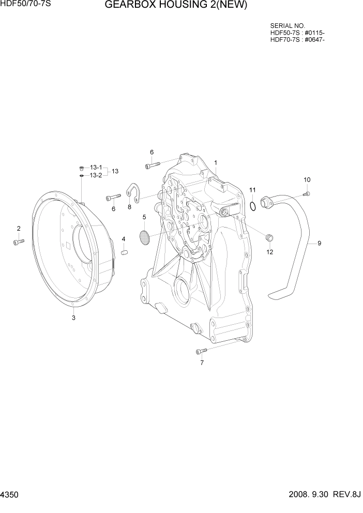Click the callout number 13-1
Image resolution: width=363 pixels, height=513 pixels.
[96, 168]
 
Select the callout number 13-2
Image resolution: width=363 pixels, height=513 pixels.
[96, 175]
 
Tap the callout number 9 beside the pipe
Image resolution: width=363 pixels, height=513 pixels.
[319, 243]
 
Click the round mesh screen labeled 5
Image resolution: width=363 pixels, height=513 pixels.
[145, 237]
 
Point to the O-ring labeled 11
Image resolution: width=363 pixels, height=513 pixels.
[252, 206]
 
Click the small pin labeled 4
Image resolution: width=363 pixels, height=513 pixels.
[124, 252]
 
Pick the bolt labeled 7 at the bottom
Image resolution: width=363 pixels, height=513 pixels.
[201, 352]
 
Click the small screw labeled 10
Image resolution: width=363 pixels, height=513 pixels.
[307, 193]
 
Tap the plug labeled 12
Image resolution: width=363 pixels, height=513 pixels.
[269, 237]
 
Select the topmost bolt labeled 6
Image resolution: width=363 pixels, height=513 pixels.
[153, 165]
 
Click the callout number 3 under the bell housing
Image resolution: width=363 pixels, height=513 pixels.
[73, 318]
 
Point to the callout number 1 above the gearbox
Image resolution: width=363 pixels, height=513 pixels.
[216, 162]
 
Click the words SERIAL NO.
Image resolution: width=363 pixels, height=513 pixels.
[288, 25]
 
